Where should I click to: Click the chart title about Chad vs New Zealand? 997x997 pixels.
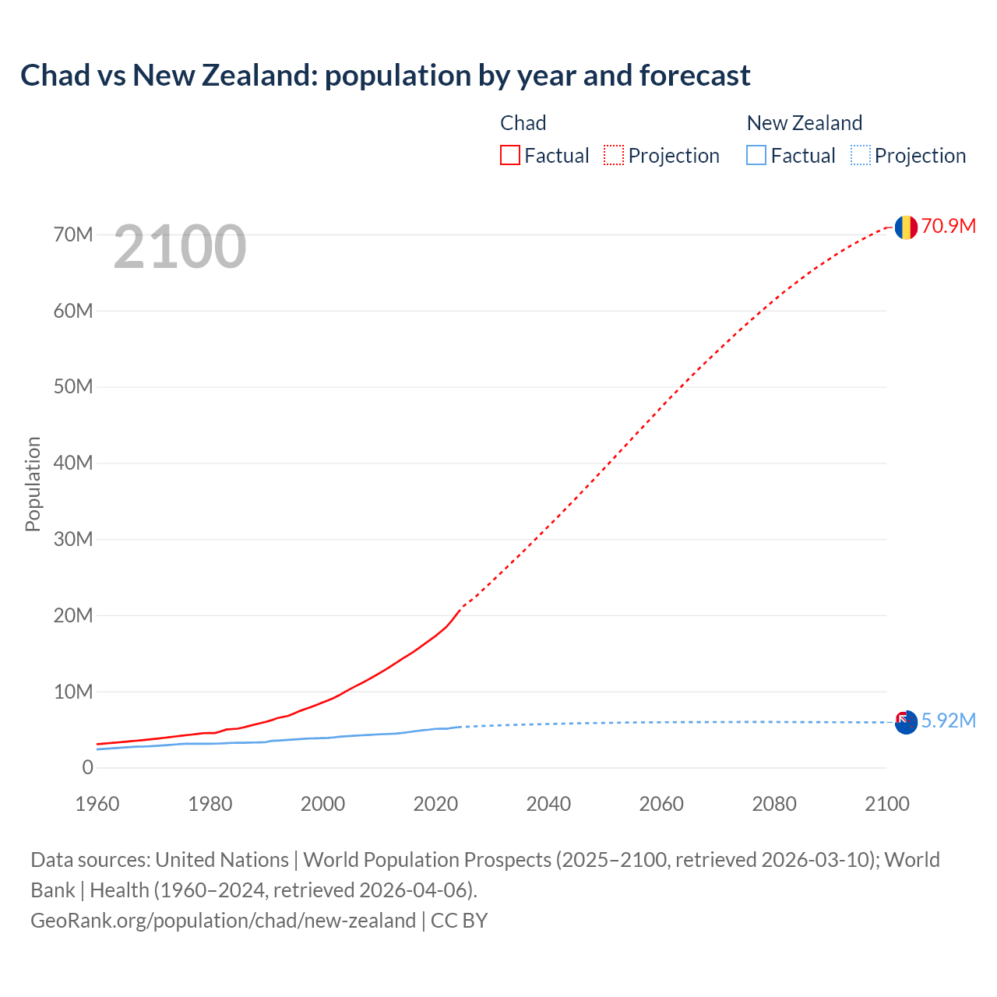coord(385,76)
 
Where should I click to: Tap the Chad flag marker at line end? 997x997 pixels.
coord(905,227)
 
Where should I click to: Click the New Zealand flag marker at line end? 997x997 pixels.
coord(905,722)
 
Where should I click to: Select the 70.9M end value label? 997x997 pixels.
coord(948,226)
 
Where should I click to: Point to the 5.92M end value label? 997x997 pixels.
coord(948,720)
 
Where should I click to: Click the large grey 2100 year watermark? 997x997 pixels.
coord(180,247)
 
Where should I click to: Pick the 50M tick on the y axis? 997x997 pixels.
coord(73,387)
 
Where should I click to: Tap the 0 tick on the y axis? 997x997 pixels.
coord(87,768)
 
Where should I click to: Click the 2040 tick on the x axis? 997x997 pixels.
coord(548,804)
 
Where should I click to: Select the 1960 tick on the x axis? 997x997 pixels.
coord(97,804)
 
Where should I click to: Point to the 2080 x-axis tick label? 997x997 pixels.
coord(774,804)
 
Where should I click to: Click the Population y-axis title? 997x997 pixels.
coord(33,484)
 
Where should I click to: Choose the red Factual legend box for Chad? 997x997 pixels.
coord(510,155)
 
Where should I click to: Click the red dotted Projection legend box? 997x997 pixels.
coord(614,155)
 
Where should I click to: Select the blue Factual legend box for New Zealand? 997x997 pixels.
coord(756,155)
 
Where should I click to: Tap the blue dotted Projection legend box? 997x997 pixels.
coord(861,155)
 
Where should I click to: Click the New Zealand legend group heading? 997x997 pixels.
coord(804,123)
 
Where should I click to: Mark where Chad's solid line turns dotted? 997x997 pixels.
coord(461,608)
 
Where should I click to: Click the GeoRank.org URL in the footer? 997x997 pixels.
coord(223,921)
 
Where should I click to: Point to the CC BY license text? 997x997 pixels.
coord(459,921)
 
